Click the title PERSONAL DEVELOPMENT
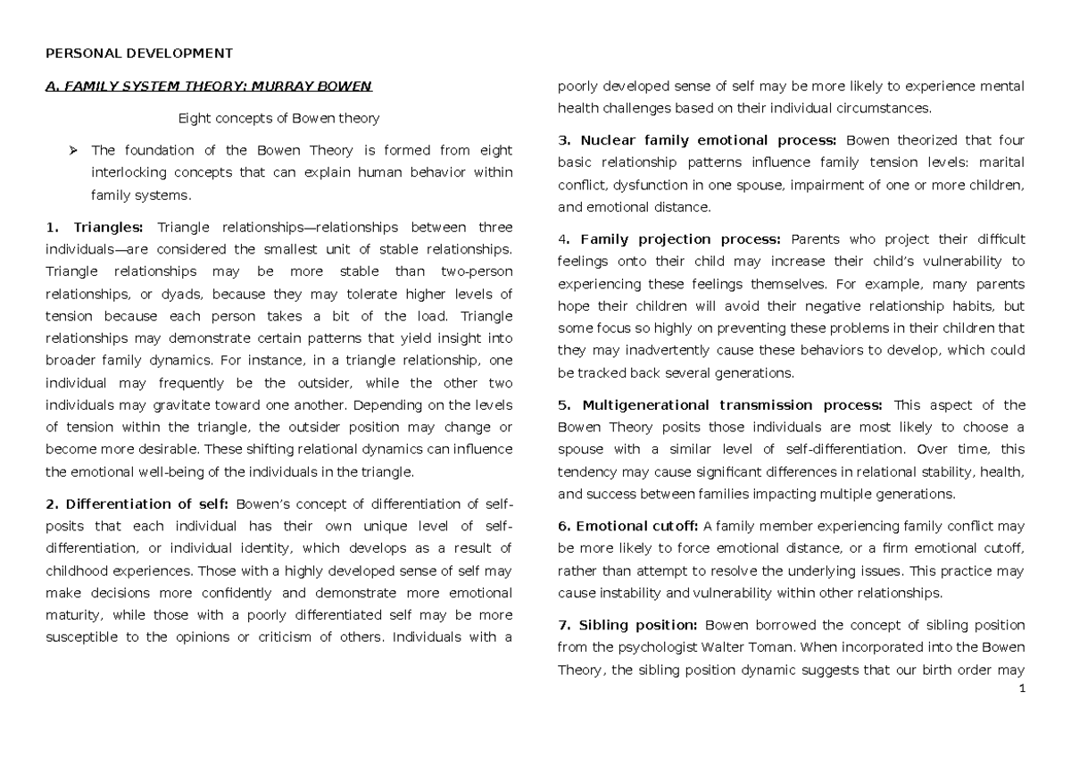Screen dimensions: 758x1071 138,54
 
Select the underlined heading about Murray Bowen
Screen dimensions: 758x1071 207,87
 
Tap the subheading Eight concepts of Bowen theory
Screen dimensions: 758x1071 278,118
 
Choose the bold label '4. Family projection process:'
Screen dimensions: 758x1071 668,239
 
